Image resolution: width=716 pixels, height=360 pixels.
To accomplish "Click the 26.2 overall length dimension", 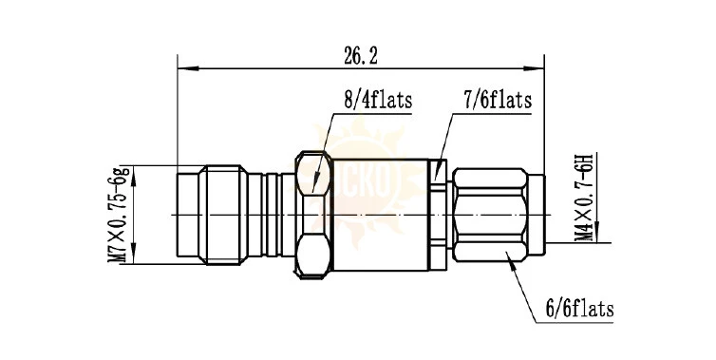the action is pos(360,56).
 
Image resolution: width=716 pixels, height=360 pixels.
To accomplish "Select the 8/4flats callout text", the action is pos(378,100).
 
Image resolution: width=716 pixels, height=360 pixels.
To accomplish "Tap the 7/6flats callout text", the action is pos(499,100).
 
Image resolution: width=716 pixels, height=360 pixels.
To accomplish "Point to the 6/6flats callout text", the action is pos(580,310).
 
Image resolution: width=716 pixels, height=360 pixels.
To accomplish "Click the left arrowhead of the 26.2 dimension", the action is pos(188,69).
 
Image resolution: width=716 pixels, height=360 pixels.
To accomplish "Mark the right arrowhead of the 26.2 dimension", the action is pos(534,69).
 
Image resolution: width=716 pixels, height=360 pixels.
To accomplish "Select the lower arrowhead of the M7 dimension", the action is pos(133,254).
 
